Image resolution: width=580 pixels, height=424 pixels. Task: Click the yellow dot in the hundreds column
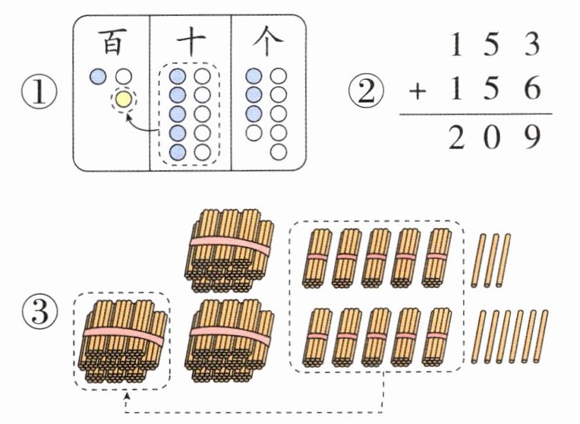tap(124, 100)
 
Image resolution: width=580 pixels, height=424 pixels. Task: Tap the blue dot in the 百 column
tap(98, 76)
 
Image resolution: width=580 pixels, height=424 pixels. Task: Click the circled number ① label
tap(39, 92)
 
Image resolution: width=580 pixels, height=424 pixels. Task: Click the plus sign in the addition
tap(418, 91)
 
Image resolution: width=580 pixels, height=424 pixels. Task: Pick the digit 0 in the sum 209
tap(492, 137)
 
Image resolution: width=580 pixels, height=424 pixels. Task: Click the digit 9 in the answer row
tap(533, 137)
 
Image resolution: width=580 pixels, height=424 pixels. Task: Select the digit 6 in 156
tap(533, 89)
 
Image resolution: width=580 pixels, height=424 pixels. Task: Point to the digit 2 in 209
tap(456, 137)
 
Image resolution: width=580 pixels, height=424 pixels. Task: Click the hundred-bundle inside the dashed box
tap(123, 341)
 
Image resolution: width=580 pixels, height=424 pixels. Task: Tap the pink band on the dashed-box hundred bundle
tap(124, 334)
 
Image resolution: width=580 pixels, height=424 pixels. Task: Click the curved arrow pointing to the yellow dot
tap(140, 126)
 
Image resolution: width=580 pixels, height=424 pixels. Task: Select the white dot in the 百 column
tap(124, 76)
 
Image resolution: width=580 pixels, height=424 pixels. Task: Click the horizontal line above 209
tap(476, 114)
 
